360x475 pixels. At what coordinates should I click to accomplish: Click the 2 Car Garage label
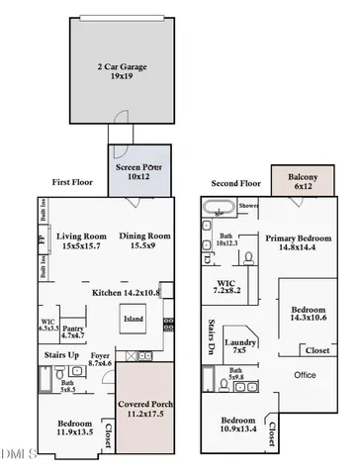point(124,71)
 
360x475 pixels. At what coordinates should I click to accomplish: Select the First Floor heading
point(75,183)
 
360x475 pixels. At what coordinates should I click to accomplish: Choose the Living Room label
point(82,239)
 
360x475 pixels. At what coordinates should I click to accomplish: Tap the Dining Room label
point(146,239)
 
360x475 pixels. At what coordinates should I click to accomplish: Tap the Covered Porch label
point(144,412)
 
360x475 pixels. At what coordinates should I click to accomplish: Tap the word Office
point(305,376)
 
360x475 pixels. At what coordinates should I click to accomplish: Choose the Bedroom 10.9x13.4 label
point(241,425)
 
